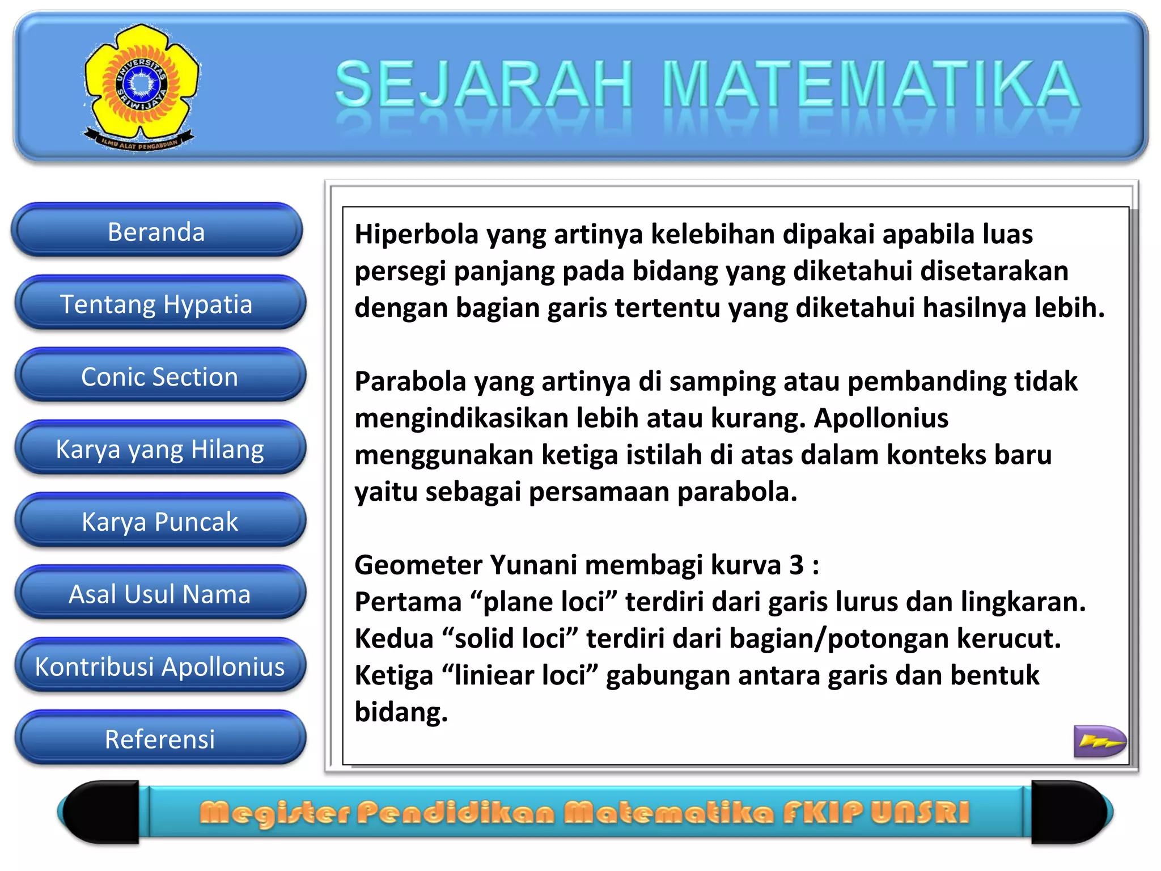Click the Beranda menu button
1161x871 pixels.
pyautogui.click(x=156, y=232)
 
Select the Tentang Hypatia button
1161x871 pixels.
pyautogui.click(x=159, y=305)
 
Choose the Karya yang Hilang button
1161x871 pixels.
pyautogui.click(x=160, y=450)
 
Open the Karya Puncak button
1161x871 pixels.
pyautogui.click(x=160, y=522)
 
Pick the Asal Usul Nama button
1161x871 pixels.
pyautogui.click(x=160, y=594)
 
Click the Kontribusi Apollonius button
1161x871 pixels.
pyautogui.click(x=160, y=667)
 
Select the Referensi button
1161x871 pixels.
pyautogui.click(x=160, y=739)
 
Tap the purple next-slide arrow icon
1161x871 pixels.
pyautogui.click(x=1099, y=741)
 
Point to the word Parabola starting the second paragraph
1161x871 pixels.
pyautogui.click(x=410, y=382)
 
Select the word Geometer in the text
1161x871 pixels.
pyautogui.click(x=418, y=565)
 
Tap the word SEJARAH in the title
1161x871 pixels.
pyautogui.click(x=484, y=85)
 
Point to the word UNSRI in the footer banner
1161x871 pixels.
pyautogui.click(x=920, y=813)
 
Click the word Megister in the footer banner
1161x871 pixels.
pyautogui.click(x=275, y=813)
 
